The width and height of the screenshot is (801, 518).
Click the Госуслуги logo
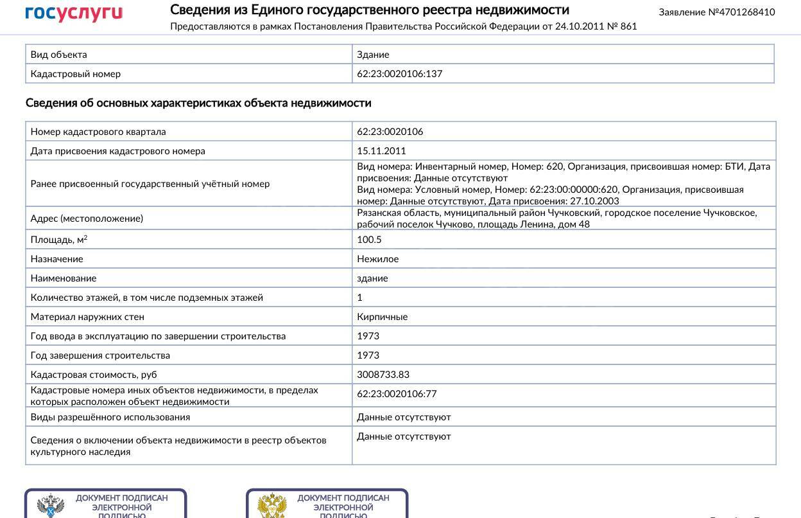pos(74,13)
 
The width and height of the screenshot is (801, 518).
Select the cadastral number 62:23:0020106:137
pos(399,74)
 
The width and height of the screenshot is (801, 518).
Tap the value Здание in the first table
pos(373,55)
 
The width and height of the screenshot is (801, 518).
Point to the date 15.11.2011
pos(381,151)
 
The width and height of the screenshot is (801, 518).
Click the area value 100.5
pos(369,240)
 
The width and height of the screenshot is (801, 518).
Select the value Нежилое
pos(377,259)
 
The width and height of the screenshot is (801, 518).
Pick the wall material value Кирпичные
pos(382,317)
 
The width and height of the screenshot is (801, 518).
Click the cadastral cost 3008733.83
pos(383,375)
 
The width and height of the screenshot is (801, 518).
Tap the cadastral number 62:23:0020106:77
pos(397,394)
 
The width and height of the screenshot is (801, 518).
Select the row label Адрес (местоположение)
pos(87,219)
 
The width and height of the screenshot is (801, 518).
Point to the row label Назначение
pos(56,259)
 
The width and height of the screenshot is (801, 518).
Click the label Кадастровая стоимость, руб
pos(94,375)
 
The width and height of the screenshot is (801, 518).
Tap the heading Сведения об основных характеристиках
pos(198,103)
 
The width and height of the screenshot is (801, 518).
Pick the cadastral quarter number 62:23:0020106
pos(390,132)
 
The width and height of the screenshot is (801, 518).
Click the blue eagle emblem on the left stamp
pos(51,506)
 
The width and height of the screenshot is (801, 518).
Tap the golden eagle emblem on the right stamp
pos(271,506)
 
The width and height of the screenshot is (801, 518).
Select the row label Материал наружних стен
pos(87,317)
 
